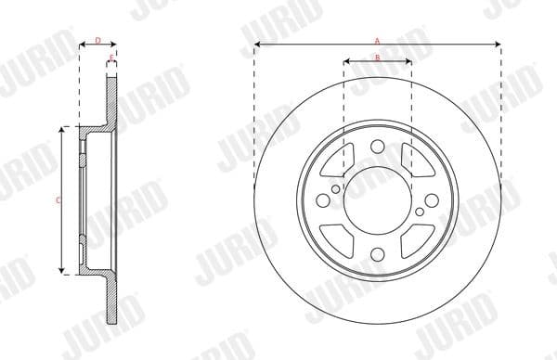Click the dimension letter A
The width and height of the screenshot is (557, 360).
tap(377, 40)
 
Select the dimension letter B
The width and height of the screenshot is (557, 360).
tap(377, 58)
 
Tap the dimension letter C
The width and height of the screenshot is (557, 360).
tap(58, 199)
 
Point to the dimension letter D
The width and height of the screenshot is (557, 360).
tap(97, 40)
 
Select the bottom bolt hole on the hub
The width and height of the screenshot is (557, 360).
tap(377, 257)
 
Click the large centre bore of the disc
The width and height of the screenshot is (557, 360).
tap(377, 200)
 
